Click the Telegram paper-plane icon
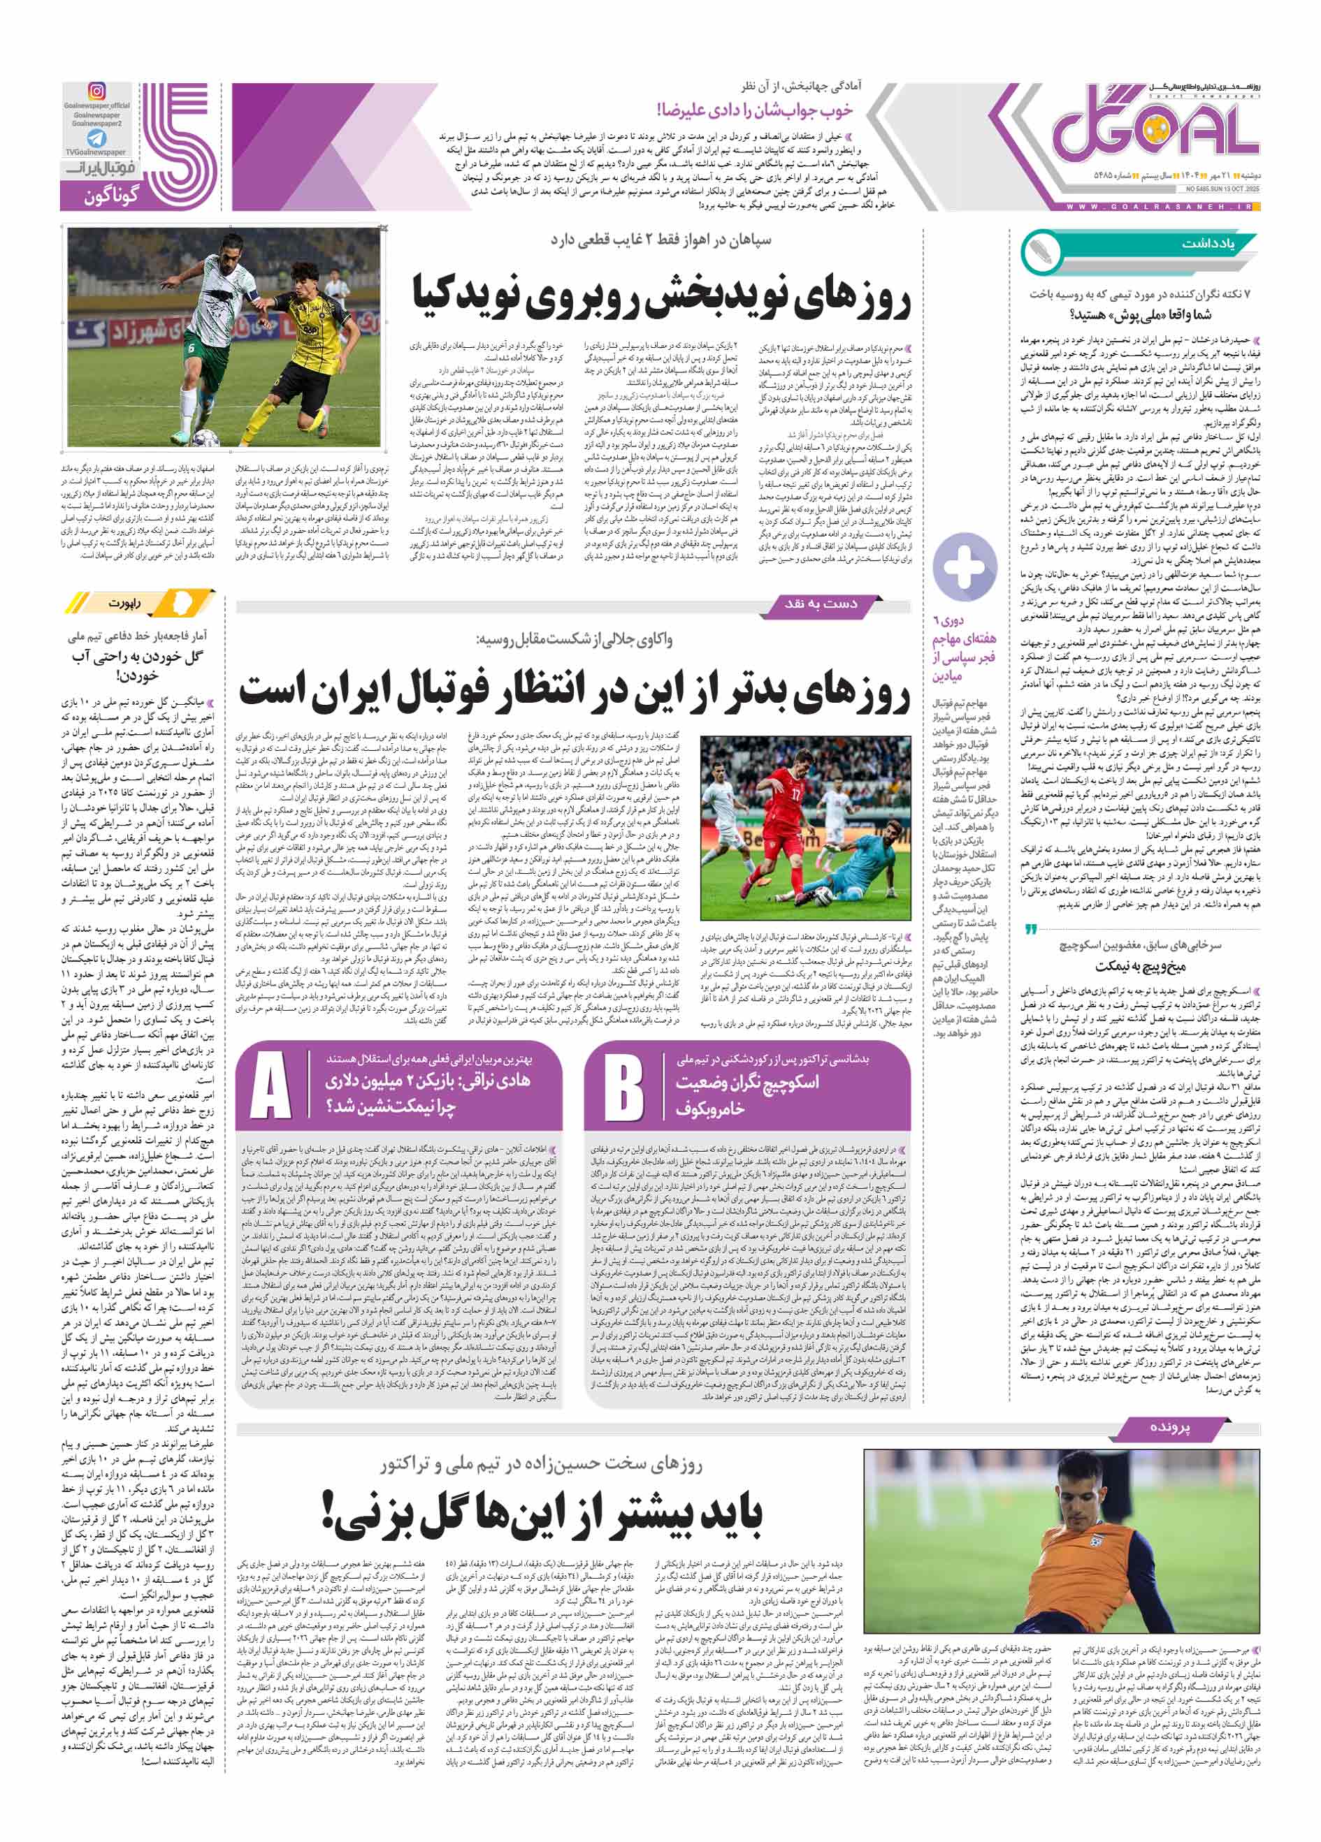[96, 138]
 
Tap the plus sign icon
[965, 566]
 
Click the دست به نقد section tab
[821, 604]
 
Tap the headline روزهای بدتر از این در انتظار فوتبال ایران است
[574, 691]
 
